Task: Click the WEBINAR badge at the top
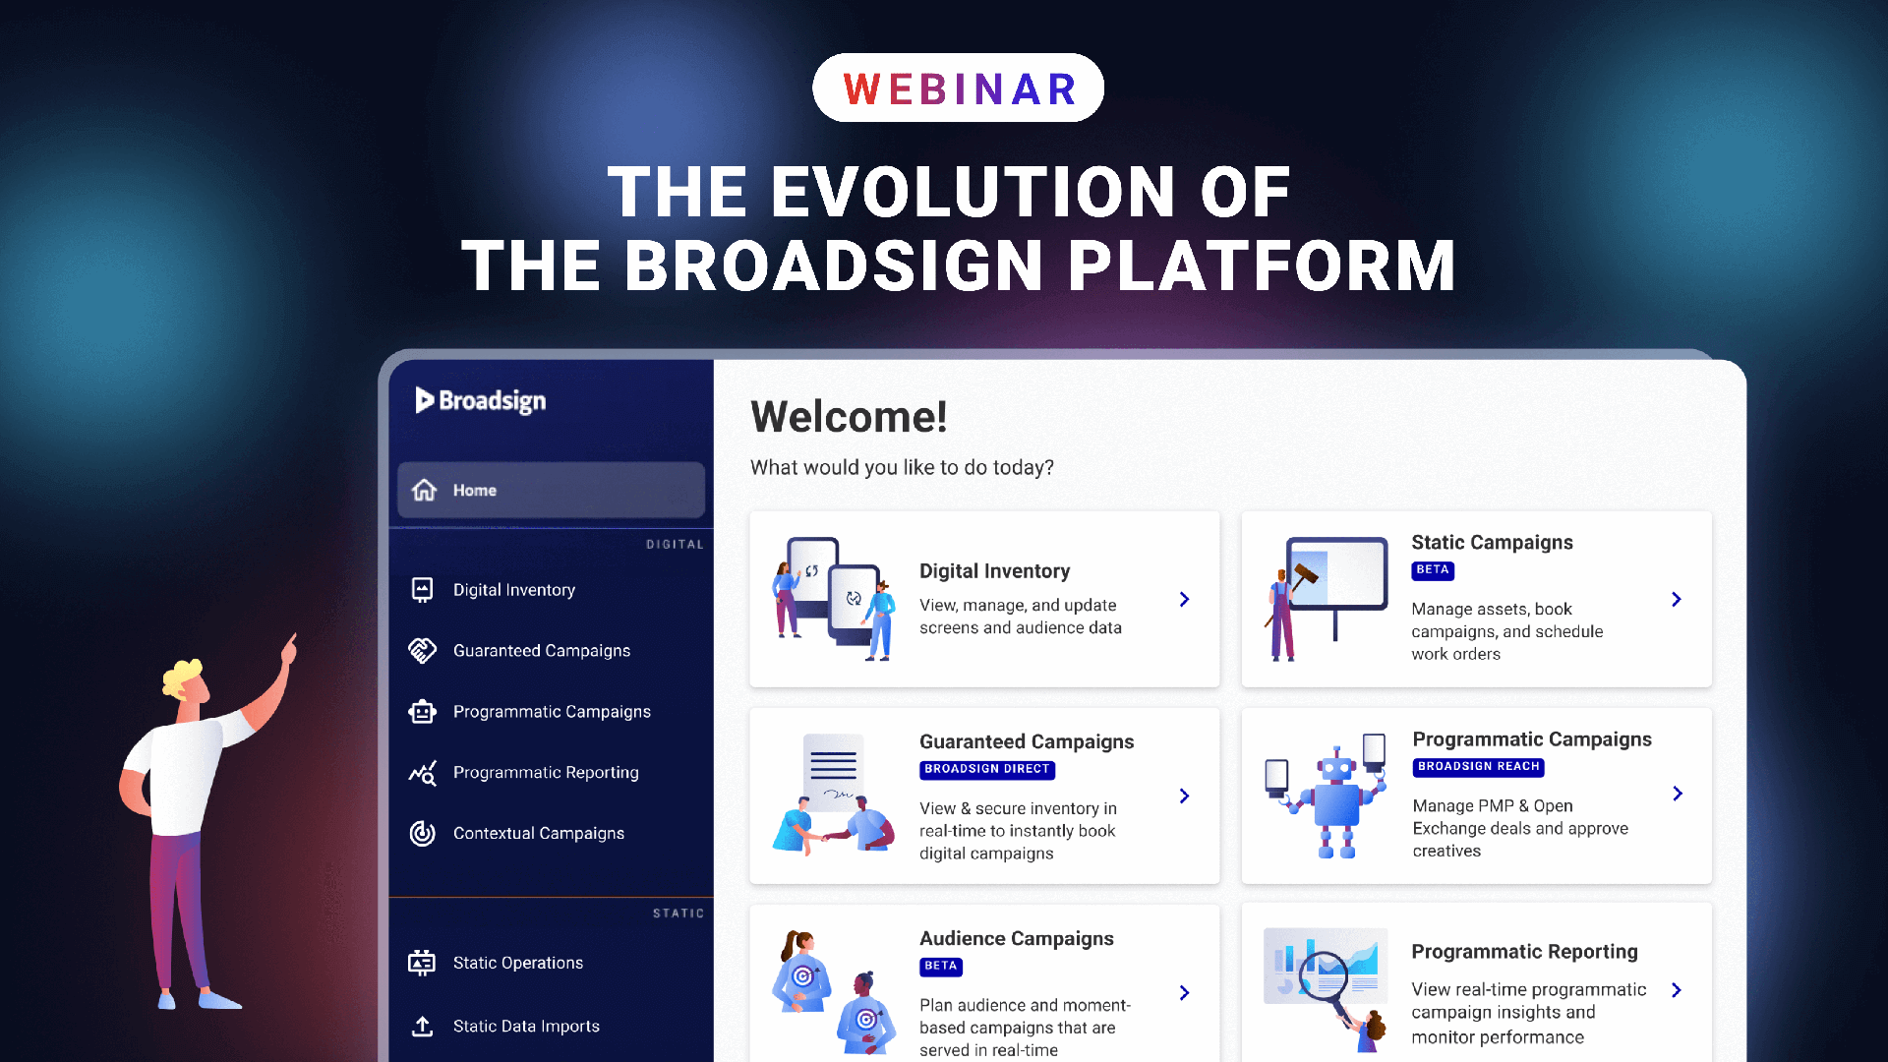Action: [x=958, y=88]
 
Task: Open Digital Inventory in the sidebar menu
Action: [x=513, y=590]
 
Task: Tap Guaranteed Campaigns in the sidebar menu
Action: [x=541, y=651]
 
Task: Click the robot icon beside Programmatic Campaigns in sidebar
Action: [x=423, y=712]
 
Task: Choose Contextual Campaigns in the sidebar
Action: [x=538, y=834]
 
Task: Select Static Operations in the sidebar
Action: [x=517, y=964]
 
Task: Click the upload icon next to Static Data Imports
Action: [x=423, y=1026]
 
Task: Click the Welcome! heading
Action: [x=849, y=417]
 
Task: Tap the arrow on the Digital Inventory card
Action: [x=1184, y=600]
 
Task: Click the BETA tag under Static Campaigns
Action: [x=1432, y=570]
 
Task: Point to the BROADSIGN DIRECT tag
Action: [x=986, y=770]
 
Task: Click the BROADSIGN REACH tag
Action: [x=1478, y=767]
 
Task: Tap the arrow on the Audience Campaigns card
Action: [x=1184, y=993]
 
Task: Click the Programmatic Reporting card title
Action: [x=1524, y=952]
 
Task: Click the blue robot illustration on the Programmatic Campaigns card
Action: [x=1335, y=796]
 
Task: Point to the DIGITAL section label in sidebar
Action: [x=675, y=545]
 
